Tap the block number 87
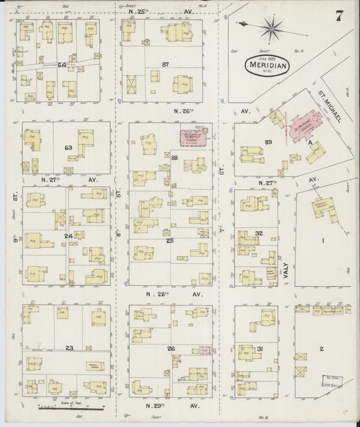pyautogui.click(x=164, y=64)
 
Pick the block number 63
pyautogui.click(x=68, y=147)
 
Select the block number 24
pyautogui.click(x=68, y=236)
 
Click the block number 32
pyautogui.click(x=259, y=234)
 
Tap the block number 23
pyautogui.click(x=69, y=330)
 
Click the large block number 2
pyautogui.click(x=322, y=348)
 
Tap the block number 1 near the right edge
pyautogui.click(x=323, y=241)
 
